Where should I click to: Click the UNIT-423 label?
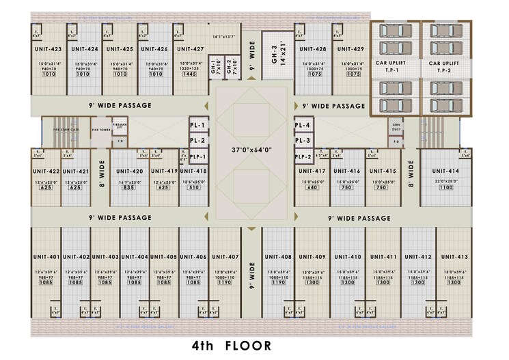47,49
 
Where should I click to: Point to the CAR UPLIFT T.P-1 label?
393,66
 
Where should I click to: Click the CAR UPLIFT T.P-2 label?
444,66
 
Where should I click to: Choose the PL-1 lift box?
198,156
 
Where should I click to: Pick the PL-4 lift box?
303,126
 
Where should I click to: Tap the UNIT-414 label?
445,171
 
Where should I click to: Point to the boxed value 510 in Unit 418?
193,188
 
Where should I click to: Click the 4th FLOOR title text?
232,346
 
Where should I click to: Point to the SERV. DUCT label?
396,127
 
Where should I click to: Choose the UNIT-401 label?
46,257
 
